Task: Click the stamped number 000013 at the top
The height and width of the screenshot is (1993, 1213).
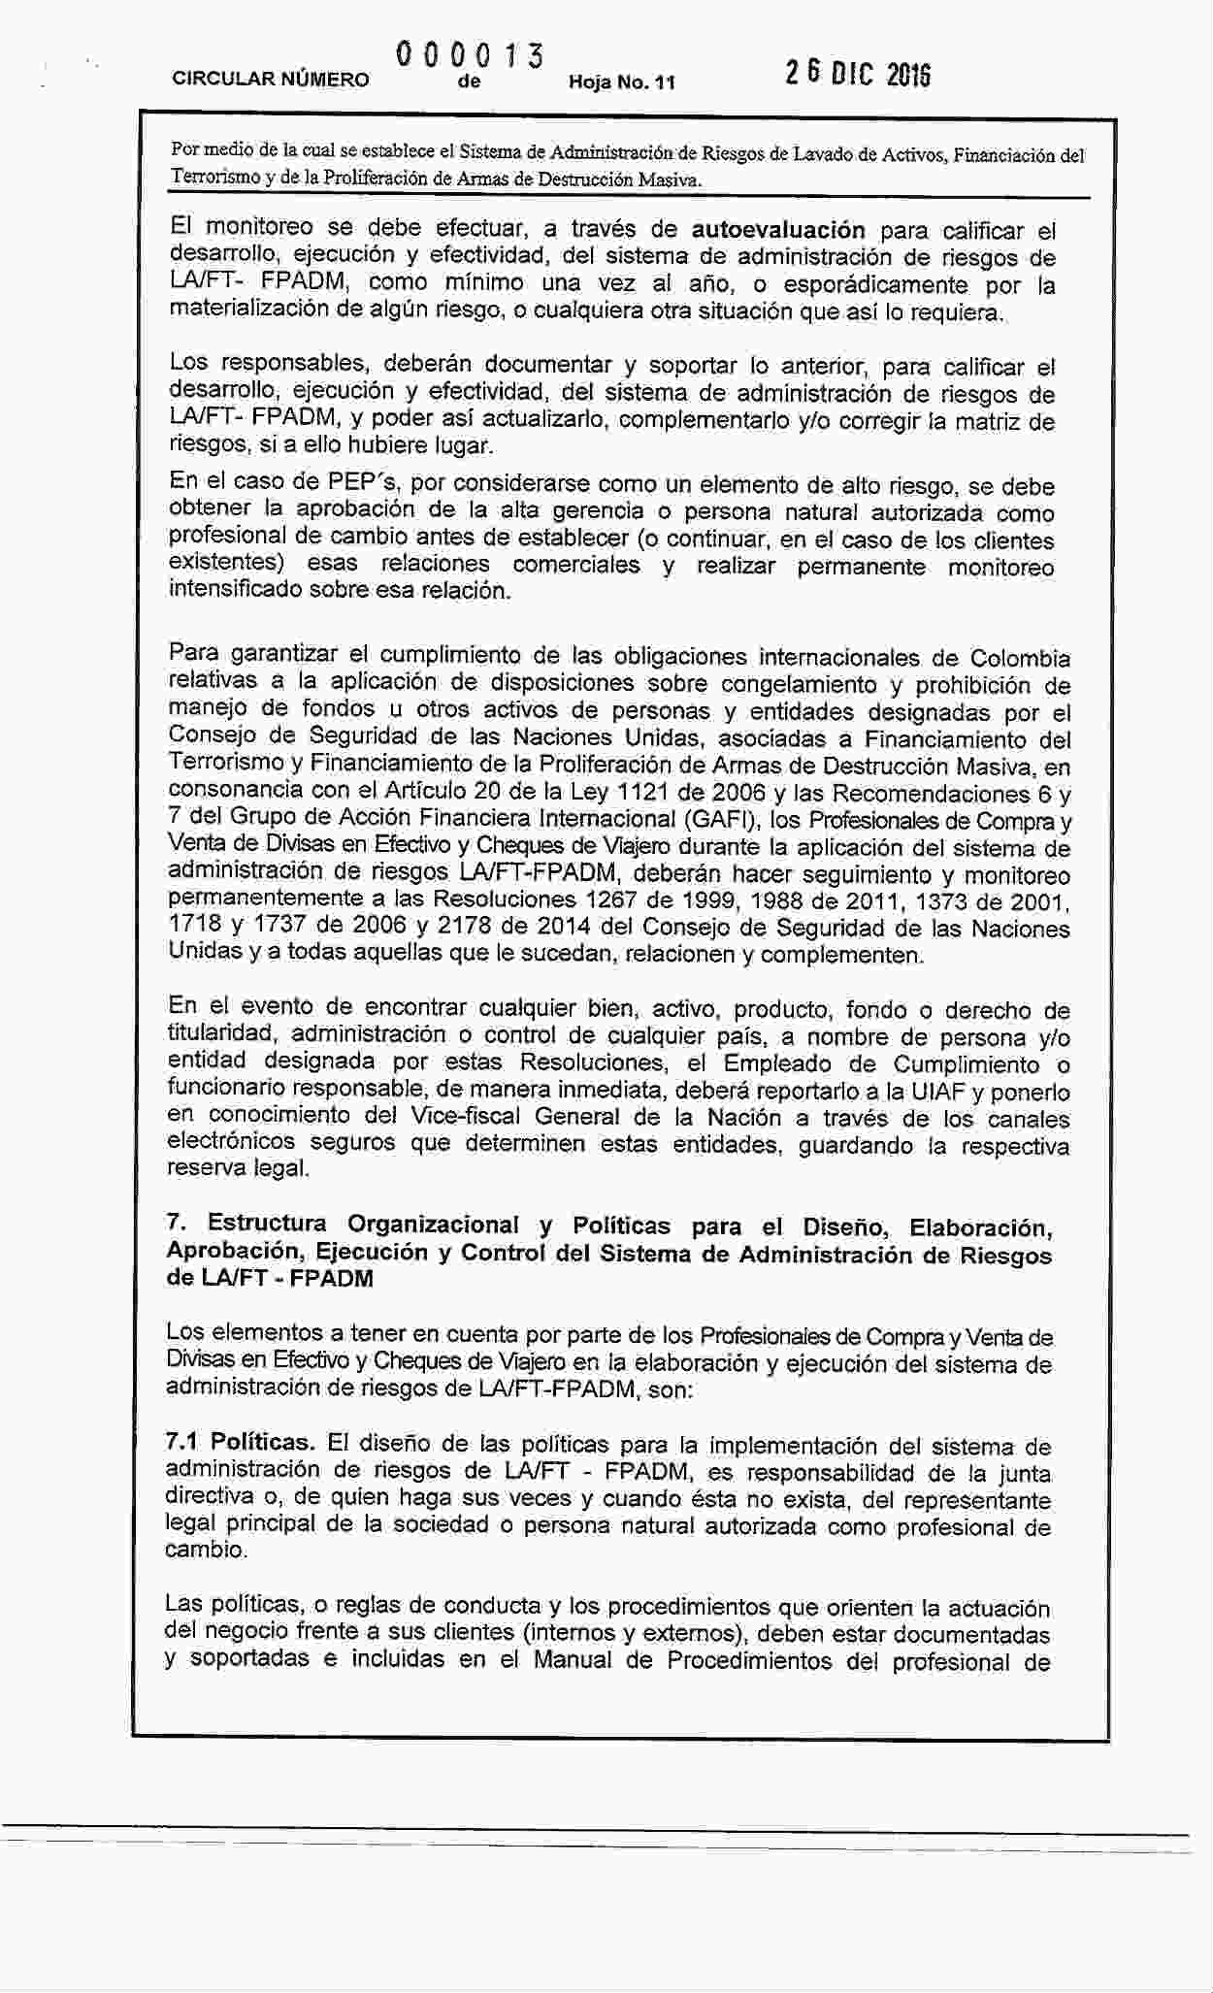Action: (468, 54)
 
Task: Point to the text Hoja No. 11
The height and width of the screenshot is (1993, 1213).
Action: (621, 82)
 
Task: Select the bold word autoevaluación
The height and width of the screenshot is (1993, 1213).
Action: (778, 230)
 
